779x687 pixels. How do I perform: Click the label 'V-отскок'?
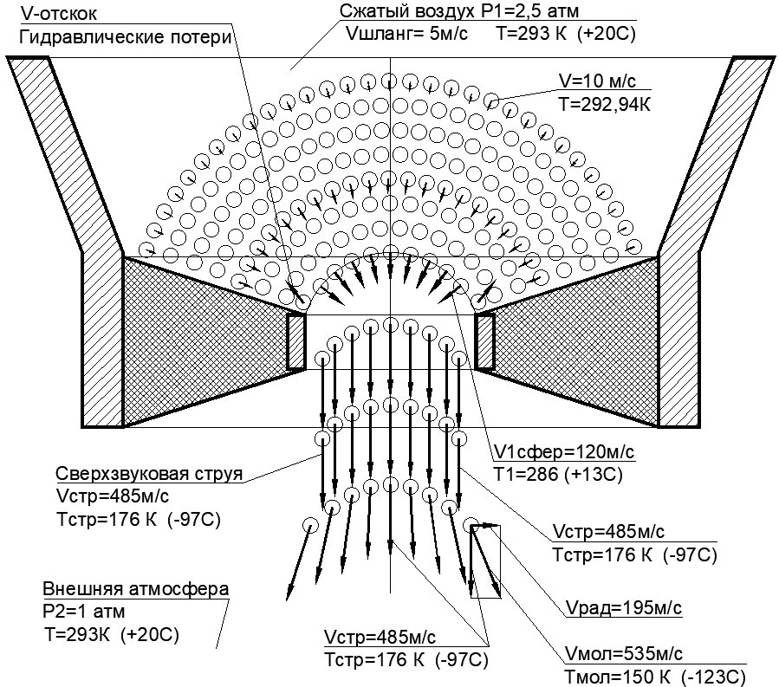pyautogui.click(x=59, y=13)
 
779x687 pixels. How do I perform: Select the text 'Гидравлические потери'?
pyautogui.click(x=126, y=37)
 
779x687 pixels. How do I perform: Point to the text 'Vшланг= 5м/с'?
pyautogui.click(x=407, y=34)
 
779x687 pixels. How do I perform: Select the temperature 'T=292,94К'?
pyautogui.click(x=604, y=104)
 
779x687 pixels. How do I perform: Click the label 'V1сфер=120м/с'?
pyautogui.click(x=564, y=452)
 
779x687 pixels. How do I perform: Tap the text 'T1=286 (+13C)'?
pyautogui.click(x=558, y=475)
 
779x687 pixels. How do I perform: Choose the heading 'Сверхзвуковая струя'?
pyautogui.click(x=149, y=473)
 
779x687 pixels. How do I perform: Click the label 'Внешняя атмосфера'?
pyautogui.click(x=136, y=589)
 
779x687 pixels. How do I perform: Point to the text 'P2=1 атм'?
pyautogui.click(x=84, y=612)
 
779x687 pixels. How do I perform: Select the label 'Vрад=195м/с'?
pyautogui.click(x=624, y=608)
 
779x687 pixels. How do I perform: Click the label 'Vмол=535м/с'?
pyautogui.click(x=624, y=654)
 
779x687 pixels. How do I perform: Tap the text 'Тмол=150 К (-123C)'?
pyautogui.click(x=655, y=677)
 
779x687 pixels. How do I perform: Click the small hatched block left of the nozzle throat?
pyautogui.click(x=296, y=341)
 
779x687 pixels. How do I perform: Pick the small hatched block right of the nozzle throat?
pyautogui.click(x=484, y=341)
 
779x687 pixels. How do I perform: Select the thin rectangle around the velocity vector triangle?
pyautogui.click(x=500, y=561)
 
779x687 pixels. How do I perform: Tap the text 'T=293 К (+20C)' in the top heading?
pyautogui.click(x=566, y=34)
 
